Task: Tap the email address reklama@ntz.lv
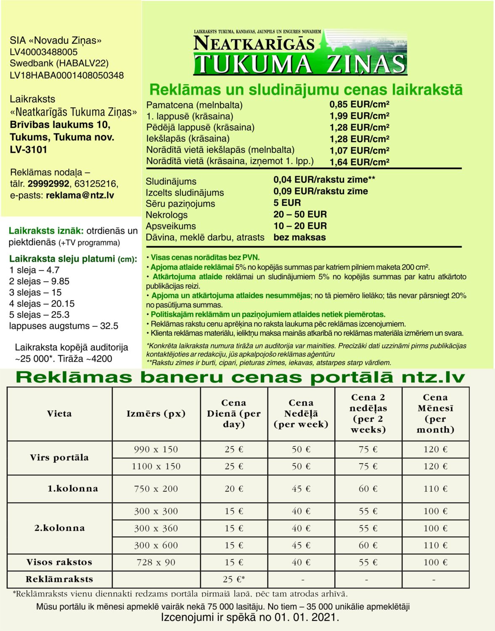pos(80,195)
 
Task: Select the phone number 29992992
pos(48,184)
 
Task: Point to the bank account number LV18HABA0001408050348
pos(67,75)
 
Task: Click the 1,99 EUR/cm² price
pos(359,116)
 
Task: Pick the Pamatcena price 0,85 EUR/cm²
pos(359,104)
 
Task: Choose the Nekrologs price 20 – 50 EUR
pos(300,215)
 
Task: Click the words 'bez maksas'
pos(299,237)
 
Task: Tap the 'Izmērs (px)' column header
pos(156,414)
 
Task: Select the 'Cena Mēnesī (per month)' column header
pos(435,414)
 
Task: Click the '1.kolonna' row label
pos(72,489)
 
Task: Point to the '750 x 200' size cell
pos(156,489)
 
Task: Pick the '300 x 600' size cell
pos(156,545)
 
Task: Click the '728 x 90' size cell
pos(156,562)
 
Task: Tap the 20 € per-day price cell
pos(234,489)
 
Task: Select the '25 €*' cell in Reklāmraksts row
pos(234,579)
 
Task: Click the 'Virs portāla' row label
pos(59,458)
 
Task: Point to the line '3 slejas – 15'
pos(35,292)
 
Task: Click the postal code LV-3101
pos(29,149)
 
